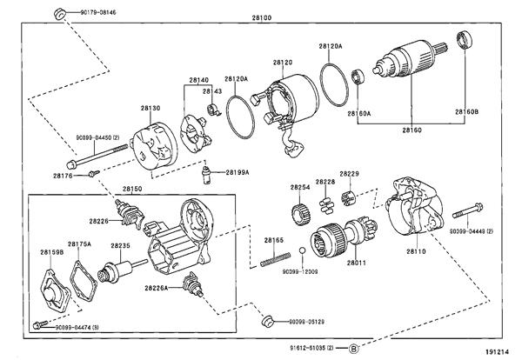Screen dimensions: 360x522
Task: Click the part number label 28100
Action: click(x=261, y=17)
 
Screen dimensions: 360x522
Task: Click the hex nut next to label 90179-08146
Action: click(x=60, y=13)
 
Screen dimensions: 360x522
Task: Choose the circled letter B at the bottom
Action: click(x=354, y=349)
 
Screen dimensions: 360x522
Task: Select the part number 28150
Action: click(x=131, y=189)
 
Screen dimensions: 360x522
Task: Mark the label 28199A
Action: click(x=237, y=172)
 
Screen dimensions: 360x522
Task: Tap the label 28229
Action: click(x=350, y=174)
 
